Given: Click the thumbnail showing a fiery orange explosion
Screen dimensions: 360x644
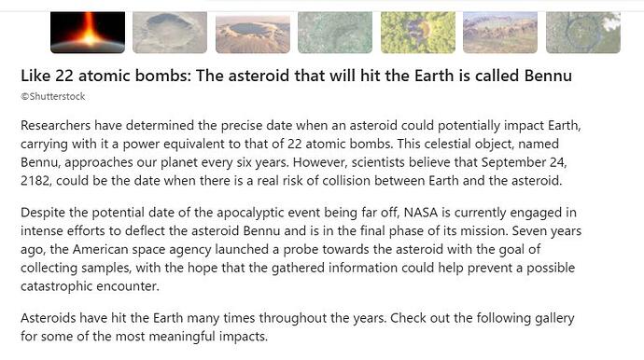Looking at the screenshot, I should point(87,33).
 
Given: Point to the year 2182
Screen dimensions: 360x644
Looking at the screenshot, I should point(39,180).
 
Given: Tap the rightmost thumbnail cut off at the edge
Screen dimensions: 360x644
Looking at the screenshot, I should point(582,33).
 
